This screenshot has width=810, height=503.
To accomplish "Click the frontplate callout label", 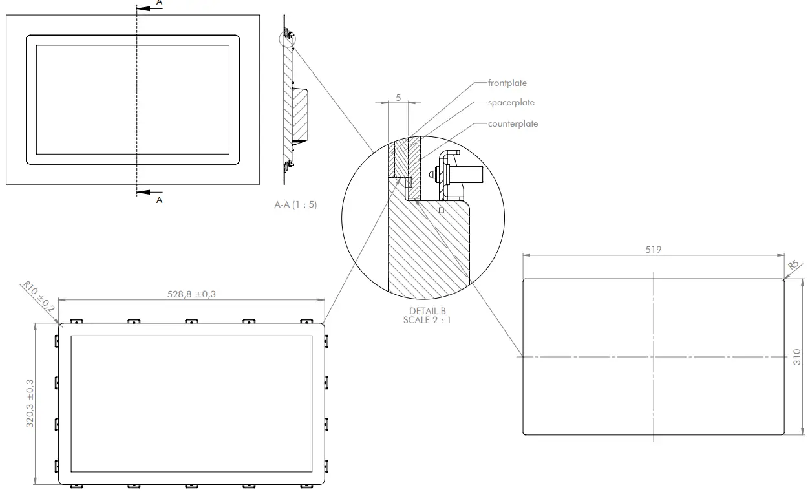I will point(507,83).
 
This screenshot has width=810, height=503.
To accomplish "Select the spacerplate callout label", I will point(511,103).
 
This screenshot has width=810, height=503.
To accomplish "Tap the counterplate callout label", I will point(513,123).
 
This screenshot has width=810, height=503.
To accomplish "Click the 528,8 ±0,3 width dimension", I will point(191,294).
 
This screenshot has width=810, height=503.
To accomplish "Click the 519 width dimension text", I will point(654,250).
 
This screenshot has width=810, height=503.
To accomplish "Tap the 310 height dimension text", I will point(796,357).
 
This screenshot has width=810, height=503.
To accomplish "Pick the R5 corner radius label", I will point(793,266).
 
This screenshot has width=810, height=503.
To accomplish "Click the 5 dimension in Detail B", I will point(398,97).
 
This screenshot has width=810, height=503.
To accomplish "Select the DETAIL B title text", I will point(427,311).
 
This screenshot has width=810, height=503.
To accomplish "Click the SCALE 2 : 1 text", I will point(427,319).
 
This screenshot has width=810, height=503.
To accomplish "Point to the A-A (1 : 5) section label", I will point(295,205).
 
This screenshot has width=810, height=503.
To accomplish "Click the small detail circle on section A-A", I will point(287,39).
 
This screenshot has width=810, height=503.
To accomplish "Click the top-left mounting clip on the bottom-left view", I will point(76,321).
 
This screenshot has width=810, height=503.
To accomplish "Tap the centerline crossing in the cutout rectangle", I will point(654,357).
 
